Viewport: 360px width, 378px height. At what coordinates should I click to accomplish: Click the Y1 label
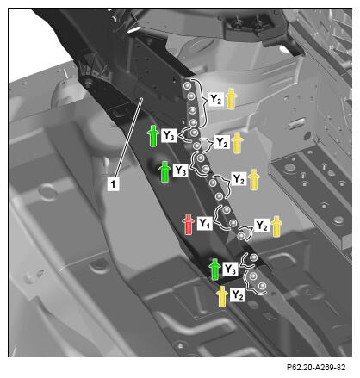pos(205,223)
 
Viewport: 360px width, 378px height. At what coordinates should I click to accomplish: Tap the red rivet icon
pos(189,224)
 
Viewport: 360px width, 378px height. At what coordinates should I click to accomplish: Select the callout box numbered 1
pos(113,183)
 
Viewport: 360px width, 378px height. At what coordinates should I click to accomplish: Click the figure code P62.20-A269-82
pos(316,367)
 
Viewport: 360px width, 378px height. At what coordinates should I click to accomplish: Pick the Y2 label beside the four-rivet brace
pos(216,99)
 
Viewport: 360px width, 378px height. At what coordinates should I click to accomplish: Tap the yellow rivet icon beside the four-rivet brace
pos(231,99)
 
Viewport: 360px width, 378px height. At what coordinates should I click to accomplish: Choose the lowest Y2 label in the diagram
pos(238,294)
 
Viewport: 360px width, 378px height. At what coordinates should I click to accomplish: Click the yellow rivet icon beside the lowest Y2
pos(222,296)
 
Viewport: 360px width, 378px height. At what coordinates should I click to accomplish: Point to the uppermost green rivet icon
pos(153,136)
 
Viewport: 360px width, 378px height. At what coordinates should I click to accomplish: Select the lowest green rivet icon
pos(214,270)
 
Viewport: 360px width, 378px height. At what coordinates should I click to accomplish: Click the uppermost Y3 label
pos(169,135)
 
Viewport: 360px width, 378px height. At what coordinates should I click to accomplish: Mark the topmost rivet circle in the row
pos(187,86)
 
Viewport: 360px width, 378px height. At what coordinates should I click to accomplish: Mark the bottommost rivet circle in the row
pos(262,286)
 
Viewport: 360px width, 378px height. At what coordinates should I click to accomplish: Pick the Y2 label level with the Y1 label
pos(262,226)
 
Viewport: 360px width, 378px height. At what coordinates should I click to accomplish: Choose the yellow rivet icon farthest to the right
pos(276,226)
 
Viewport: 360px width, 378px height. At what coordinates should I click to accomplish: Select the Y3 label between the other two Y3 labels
pos(181,170)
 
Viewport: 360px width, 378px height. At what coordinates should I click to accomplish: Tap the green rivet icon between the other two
pos(165,171)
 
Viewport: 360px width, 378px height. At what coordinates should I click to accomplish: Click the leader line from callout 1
pos(128,137)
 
